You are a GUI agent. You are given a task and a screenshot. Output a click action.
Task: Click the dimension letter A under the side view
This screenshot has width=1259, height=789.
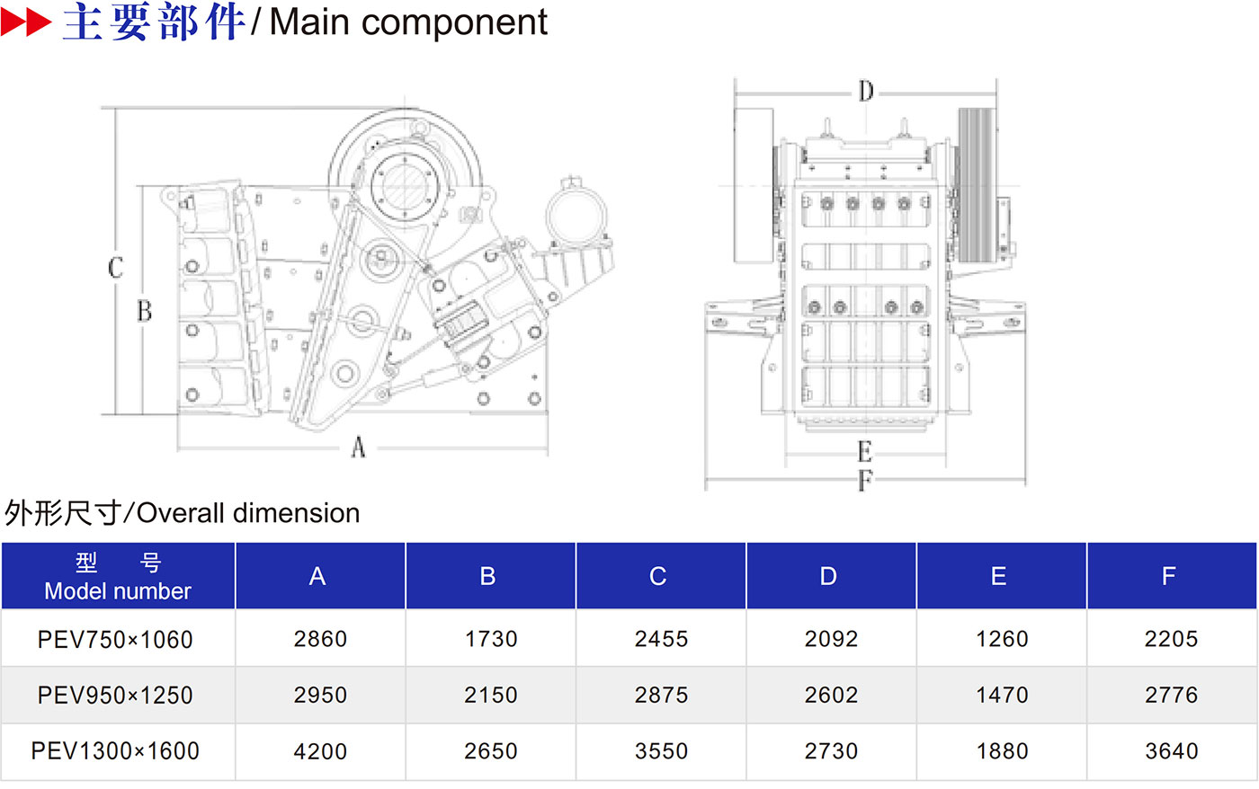358,446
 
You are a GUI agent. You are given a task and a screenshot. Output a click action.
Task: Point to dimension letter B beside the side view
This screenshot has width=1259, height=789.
144,311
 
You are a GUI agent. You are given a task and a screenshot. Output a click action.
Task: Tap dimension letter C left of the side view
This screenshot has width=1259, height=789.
115,267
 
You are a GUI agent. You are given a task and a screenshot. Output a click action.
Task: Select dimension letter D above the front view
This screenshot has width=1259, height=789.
865,92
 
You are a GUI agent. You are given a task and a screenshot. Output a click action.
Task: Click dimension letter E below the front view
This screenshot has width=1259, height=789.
864,451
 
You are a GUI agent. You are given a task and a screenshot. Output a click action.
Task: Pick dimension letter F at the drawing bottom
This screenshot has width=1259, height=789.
864,481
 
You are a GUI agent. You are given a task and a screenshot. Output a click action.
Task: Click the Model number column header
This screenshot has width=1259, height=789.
118,577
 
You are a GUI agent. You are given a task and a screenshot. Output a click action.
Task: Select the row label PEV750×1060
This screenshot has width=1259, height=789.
115,640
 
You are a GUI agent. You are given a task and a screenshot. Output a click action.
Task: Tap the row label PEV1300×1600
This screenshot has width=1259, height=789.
115,751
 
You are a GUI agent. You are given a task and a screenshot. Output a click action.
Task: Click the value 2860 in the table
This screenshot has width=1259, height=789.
320,639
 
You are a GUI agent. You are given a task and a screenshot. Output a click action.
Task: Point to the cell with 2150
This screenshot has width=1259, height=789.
490,695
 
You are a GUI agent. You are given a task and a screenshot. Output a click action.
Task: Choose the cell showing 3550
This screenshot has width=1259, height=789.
661,751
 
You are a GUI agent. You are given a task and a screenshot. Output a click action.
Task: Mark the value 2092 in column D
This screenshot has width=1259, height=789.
831,639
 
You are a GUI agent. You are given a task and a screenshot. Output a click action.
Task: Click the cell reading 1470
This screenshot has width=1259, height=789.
1002,695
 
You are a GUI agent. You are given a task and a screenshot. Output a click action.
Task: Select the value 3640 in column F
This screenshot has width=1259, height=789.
1171,751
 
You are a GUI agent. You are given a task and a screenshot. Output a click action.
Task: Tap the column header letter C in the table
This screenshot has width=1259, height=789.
658,576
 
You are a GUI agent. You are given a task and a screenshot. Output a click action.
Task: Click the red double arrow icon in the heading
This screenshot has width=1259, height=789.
25,22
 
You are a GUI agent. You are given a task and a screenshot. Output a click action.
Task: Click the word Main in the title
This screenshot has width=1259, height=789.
310,22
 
